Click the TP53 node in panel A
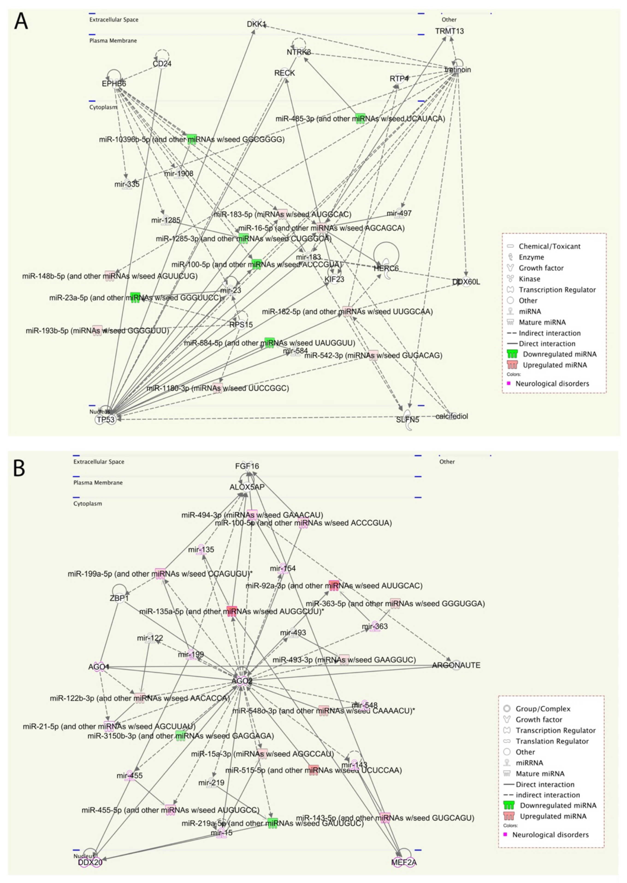[x=105, y=419]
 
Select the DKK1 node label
[x=256, y=24]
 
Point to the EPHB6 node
[x=114, y=83]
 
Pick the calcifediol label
[x=452, y=416]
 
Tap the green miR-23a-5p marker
[x=135, y=297]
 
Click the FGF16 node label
[x=247, y=466]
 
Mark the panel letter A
[x=21, y=22]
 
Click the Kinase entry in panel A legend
[x=529, y=279]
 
